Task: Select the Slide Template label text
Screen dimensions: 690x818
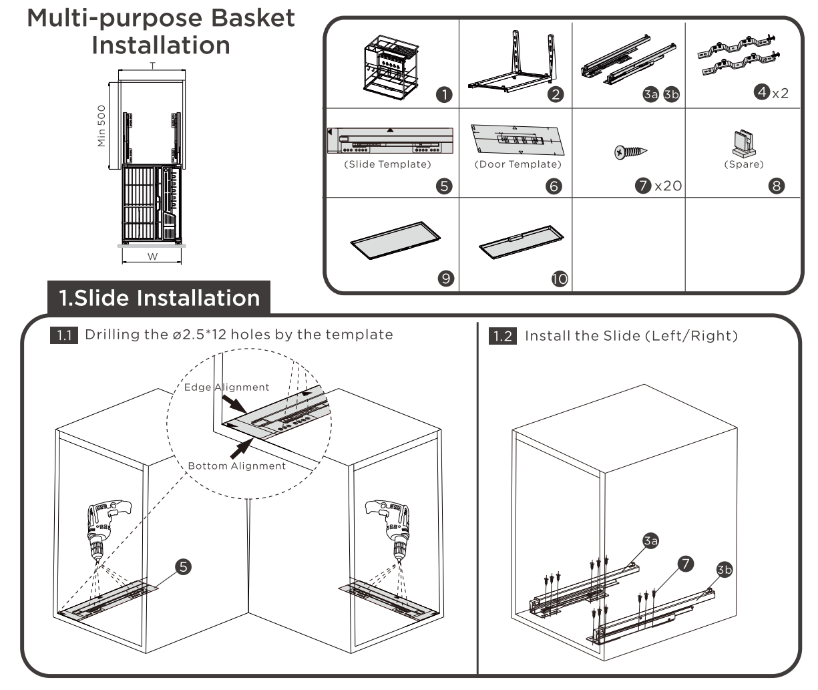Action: [x=387, y=164]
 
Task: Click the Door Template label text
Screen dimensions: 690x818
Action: [x=518, y=164]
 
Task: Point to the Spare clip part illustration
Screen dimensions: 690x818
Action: [x=743, y=142]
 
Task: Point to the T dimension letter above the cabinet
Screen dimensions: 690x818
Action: [x=152, y=66]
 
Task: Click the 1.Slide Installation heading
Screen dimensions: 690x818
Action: [x=159, y=298]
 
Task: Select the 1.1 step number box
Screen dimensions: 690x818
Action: [x=63, y=335]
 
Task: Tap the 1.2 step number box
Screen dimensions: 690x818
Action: [x=503, y=335]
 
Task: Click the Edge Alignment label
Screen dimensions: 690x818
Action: [x=228, y=387]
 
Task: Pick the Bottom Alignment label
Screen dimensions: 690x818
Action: [x=236, y=466]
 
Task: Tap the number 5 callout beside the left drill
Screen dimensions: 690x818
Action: [x=183, y=566]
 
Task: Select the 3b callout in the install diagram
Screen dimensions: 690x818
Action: [x=724, y=569]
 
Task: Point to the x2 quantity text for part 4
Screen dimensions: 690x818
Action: [x=780, y=94]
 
